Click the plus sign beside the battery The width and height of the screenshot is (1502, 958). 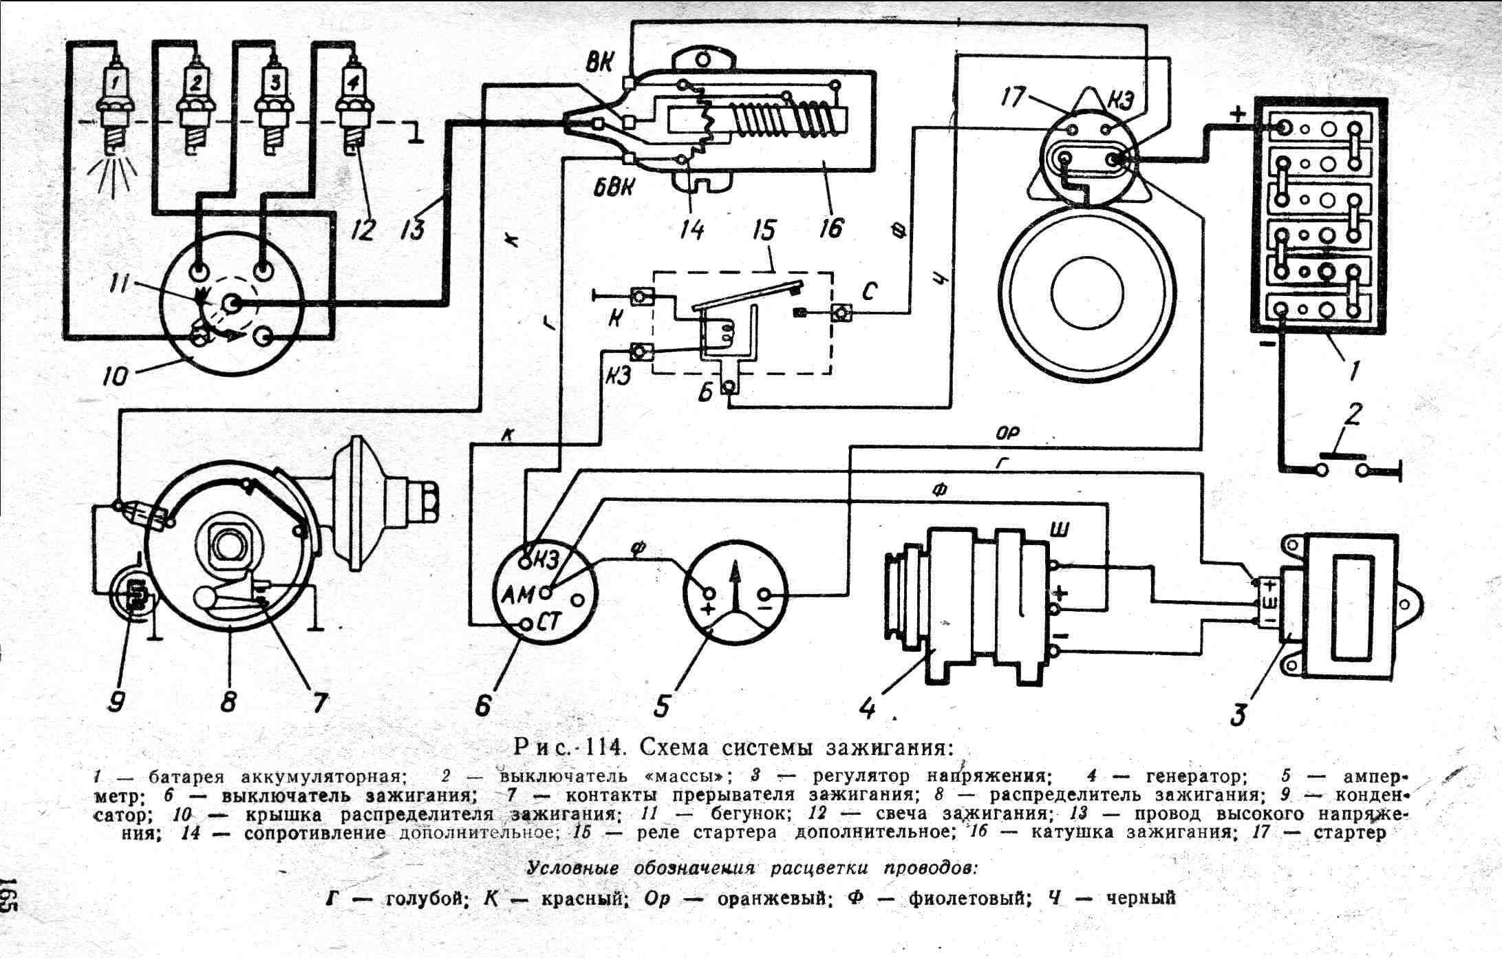(x=1238, y=115)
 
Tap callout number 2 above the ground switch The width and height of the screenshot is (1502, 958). (x=1353, y=415)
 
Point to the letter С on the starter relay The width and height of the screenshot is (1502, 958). (x=869, y=292)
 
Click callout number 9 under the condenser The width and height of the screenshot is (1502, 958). (x=119, y=701)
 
